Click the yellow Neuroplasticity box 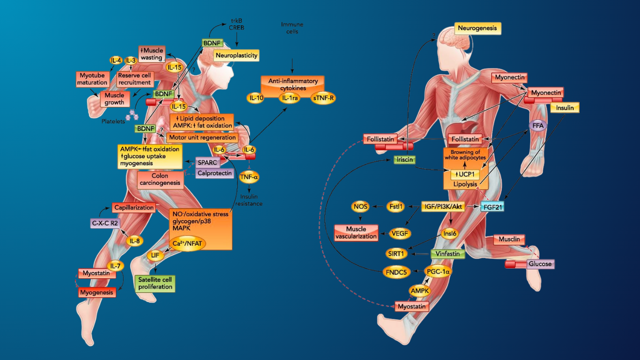click(x=237, y=56)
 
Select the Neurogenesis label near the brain click(x=478, y=29)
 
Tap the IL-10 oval click(x=256, y=98)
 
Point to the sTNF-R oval click(x=323, y=98)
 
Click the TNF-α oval click(x=249, y=177)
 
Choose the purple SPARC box click(x=208, y=162)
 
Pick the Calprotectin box click(x=215, y=173)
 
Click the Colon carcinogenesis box click(x=160, y=180)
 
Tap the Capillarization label click(x=134, y=208)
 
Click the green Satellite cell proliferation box click(x=154, y=283)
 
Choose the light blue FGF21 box click(x=492, y=206)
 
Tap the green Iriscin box click(x=405, y=160)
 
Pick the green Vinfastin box click(x=447, y=254)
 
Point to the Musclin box click(x=509, y=240)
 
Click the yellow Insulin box click(x=565, y=108)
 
